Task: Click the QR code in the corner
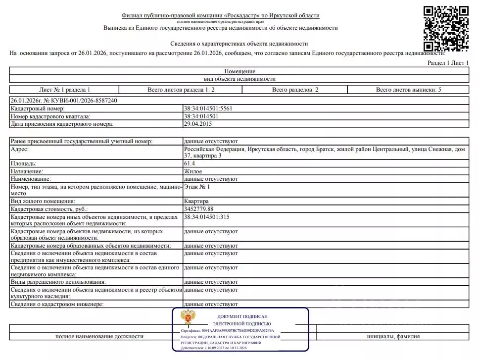pyautogui.click(x=446, y=28)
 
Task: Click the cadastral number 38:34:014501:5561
pyautogui.click(x=208, y=108)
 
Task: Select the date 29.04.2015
pyautogui.click(x=198, y=124)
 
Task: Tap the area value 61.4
pyautogui.click(x=190, y=163)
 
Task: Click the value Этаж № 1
pyautogui.click(x=197, y=187)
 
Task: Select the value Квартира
pyautogui.click(x=196, y=202)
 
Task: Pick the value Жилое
pyautogui.click(x=193, y=171)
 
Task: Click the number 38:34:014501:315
pyautogui.click(x=206, y=217)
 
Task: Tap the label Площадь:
pyautogui.click(x=24, y=163)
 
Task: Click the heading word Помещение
pyautogui.click(x=239, y=71)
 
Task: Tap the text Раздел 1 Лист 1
pyautogui.click(x=448, y=63)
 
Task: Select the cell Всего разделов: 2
pyautogui.click(x=295, y=90)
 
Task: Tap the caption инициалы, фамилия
pyautogui.click(x=393, y=336)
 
